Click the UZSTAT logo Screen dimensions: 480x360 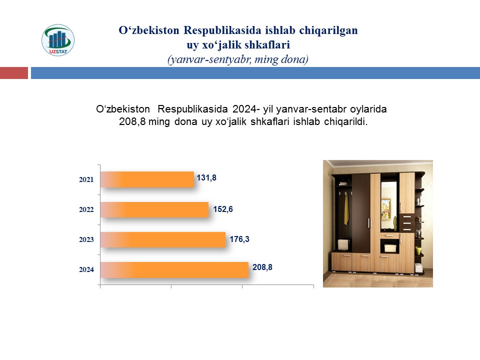(x=58, y=40)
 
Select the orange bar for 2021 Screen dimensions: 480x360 (x=147, y=179)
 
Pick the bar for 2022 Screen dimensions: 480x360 (x=154, y=209)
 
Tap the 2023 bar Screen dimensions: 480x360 (x=163, y=239)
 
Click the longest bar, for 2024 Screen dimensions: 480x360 (x=174, y=269)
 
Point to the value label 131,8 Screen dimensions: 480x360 (x=206, y=177)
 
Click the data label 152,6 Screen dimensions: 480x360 (x=223, y=209)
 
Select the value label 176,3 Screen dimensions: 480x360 (x=239, y=239)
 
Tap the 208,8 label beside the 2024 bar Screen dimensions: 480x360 (x=262, y=267)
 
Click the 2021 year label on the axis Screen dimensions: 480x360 (x=86, y=179)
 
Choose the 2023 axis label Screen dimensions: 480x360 (x=86, y=239)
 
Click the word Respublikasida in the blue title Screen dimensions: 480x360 (x=222, y=30)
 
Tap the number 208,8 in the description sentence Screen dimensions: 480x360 (x=132, y=121)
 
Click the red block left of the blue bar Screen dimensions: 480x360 (x=14, y=73)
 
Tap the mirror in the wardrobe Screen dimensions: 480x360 (x=389, y=205)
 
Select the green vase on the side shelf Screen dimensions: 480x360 (x=418, y=250)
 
